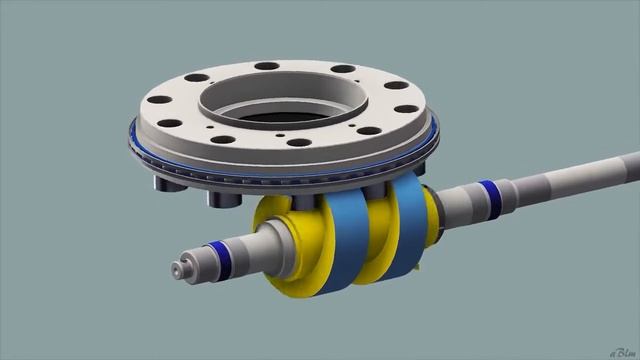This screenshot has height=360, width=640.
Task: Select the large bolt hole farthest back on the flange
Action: coord(267,67)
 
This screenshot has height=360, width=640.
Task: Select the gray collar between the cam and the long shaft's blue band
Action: coord(456,205)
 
